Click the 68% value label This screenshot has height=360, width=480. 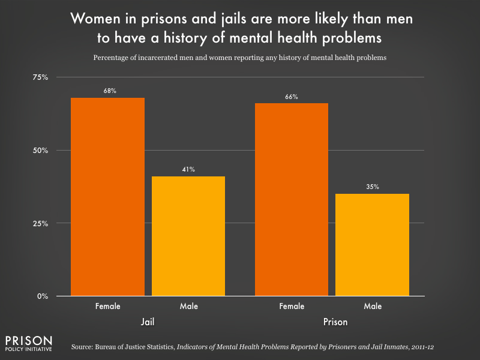pos(108,91)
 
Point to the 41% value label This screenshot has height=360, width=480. pos(188,169)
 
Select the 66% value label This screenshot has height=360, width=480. pos(292,97)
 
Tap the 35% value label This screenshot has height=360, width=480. pos(372,187)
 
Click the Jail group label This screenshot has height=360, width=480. pos(148,322)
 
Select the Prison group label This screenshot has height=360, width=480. pos(332,322)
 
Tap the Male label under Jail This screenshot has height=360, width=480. pos(188,306)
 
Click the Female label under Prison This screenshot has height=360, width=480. pos(292,306)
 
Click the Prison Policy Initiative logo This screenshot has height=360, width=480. pos(28,343)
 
